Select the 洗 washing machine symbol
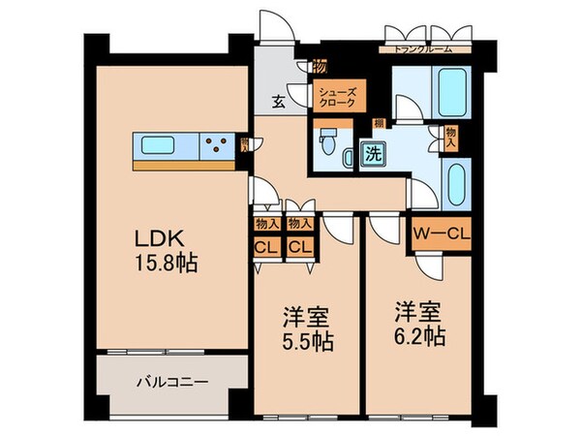[x=373, y=151]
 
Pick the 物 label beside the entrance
[x=318, y=67]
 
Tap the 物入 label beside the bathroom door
[x=450, y=137]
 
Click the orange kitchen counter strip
[x=184, y=165]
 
